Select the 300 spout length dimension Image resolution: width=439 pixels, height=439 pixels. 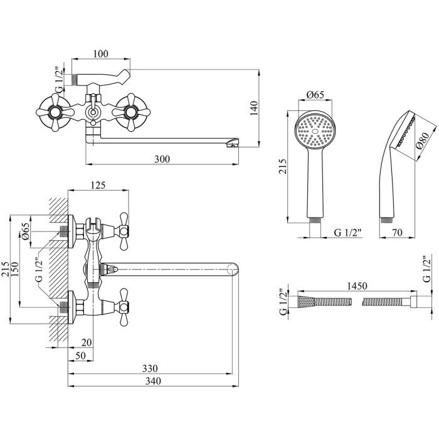pos(161,159)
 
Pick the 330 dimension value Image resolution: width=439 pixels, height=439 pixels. pos(149,368)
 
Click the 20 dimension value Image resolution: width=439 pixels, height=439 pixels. pos(86,342)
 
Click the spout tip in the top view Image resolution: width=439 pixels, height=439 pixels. pos(233,145)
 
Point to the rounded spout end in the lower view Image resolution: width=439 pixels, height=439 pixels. pos(232,270)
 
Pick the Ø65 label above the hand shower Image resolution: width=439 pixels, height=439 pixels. pos(315,95)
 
